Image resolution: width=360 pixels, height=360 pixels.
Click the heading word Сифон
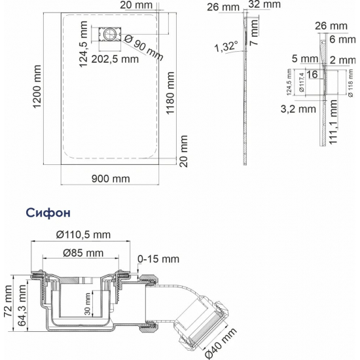48,213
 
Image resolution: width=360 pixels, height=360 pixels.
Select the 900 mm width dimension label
111,178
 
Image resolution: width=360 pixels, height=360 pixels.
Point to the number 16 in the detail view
312,75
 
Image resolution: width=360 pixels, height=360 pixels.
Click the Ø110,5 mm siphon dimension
82,234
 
